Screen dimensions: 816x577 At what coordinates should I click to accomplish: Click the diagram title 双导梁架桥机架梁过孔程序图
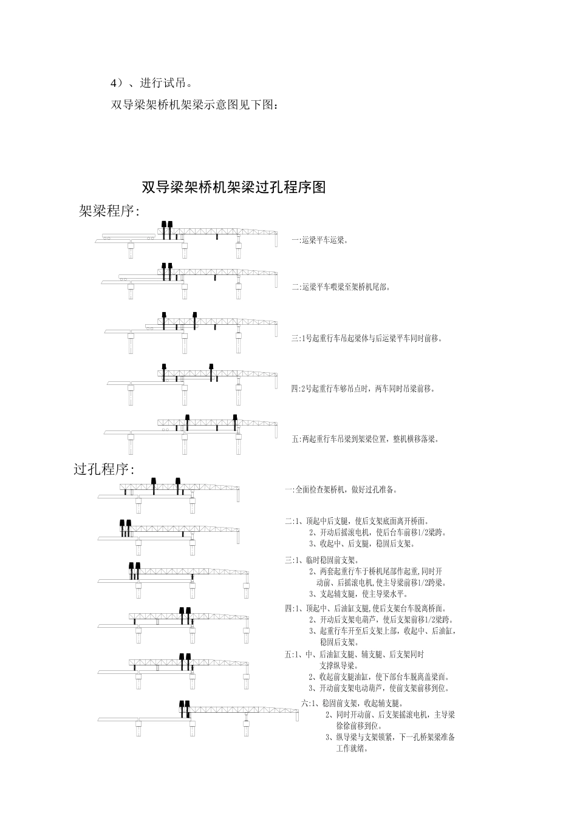click(x=234, y=188)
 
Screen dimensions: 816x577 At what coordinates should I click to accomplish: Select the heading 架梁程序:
click(x=109, y=211)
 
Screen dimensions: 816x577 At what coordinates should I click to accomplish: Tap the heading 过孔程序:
click(x=104, y=469)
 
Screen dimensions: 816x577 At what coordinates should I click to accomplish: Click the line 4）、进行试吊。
click(x=152, y=83)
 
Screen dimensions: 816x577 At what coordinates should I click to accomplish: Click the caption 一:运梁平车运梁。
click(x=319, y=240)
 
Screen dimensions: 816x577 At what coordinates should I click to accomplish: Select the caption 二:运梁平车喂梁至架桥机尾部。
click(x=340, y=287)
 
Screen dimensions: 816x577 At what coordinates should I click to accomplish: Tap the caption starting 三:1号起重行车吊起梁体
click(x=367, y=338)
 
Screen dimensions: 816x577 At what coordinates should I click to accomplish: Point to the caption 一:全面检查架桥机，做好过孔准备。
click(x=341, y=489)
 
